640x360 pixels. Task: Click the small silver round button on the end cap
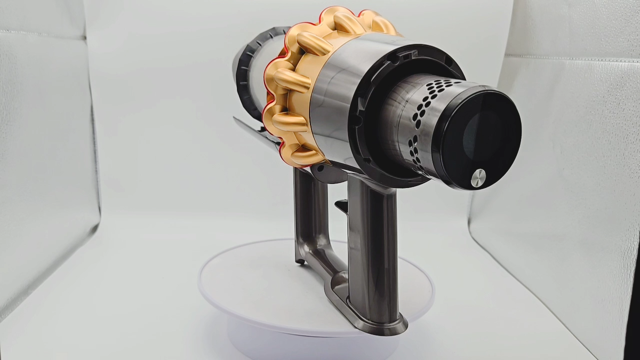[478, 178]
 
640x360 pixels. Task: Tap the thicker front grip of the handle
[372, 240]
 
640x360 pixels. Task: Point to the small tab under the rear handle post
[300, 261]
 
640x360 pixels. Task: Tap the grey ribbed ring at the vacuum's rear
[246, 75]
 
